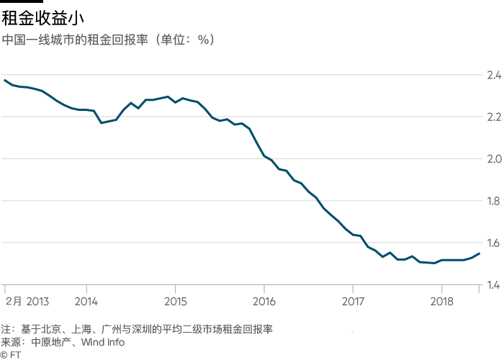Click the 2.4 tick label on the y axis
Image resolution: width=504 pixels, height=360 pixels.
[493, 75]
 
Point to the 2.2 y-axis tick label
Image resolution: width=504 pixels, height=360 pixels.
[493, 117]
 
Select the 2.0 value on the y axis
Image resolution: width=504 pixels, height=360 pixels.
[493, 158]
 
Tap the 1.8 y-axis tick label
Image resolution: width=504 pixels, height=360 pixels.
[493, 201]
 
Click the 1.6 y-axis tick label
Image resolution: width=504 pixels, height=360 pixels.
[493, 243]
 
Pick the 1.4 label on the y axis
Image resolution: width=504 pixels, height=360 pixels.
[493, 285]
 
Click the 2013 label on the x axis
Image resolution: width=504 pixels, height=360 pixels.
[38, 300]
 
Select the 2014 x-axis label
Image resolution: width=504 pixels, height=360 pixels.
[86, 300]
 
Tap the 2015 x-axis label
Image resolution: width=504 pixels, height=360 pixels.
[175, 300]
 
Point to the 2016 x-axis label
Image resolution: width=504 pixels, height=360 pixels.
[264, 300]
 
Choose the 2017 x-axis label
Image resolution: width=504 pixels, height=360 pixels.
[353, 300]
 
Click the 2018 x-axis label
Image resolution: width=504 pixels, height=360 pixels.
[442, 300]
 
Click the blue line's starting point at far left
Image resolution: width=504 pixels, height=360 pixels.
[4, 79]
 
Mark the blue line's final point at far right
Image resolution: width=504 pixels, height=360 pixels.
[480, 253]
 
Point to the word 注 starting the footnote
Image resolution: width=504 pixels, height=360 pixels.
[6, 329]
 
